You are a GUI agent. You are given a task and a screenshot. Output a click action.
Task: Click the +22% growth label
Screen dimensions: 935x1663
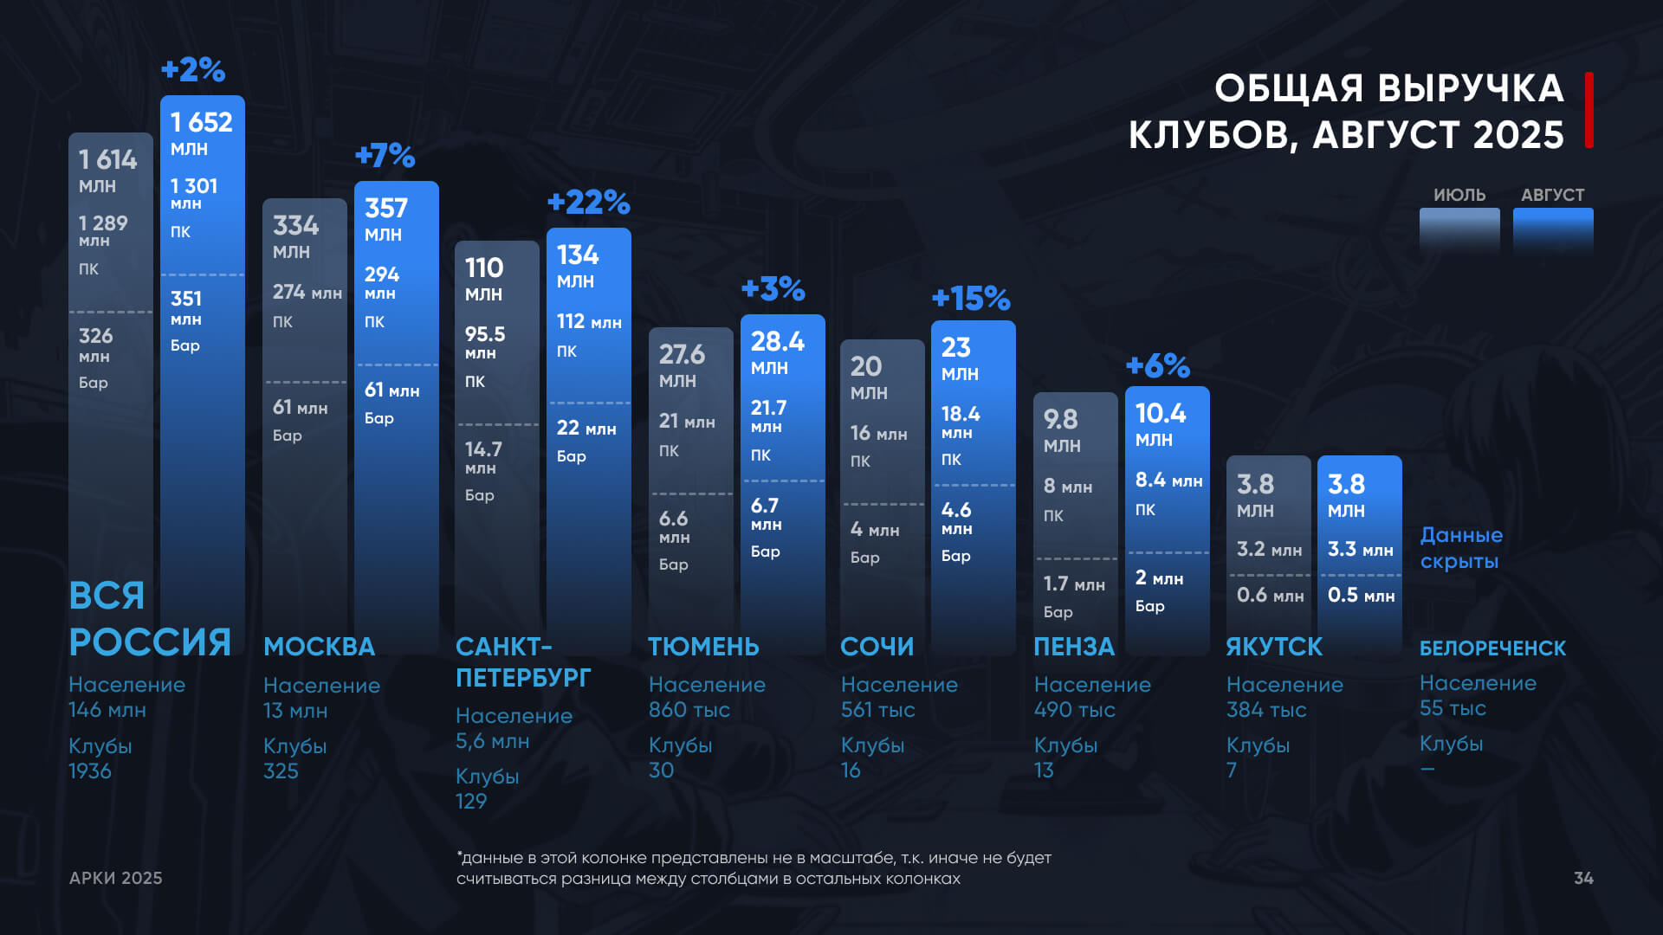point(589,203)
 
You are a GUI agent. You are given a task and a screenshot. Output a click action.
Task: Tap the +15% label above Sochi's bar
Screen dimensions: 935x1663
point(971,299)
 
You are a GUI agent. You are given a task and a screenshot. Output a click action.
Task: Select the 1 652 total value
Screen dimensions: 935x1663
point(202,122)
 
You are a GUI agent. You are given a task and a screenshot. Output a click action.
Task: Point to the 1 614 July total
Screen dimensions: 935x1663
point(108,159)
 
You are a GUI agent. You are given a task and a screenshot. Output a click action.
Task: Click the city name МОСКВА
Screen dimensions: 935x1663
point(320,647)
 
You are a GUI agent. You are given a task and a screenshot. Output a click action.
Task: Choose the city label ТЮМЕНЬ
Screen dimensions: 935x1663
point(703,647)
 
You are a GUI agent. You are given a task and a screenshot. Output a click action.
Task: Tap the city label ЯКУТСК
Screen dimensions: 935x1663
point(1274,647)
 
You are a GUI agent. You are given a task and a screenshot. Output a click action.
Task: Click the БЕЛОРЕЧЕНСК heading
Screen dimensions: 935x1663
point(1492,648)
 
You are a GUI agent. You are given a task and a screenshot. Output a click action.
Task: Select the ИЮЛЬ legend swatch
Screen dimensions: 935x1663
point(1459,229)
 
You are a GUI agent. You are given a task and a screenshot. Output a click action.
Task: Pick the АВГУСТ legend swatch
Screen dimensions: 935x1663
point(1553,229)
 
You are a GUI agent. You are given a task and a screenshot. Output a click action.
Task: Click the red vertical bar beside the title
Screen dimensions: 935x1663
point(1589,110)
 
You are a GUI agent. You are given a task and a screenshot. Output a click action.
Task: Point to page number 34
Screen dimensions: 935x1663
point(1583,878)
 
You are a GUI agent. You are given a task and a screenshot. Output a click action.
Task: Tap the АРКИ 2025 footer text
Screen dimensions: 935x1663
point(116,878)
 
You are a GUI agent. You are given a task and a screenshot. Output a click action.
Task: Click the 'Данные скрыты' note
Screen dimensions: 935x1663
point(1461,548)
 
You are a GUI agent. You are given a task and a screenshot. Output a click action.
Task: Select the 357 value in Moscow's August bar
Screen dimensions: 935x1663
point(386,209)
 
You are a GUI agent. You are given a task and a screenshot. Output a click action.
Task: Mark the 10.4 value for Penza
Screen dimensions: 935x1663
point(1161,414)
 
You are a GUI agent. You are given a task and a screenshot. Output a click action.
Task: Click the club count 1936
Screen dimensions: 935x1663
point(90,771)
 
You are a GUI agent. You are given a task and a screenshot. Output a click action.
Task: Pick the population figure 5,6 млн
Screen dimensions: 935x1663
point(492,741)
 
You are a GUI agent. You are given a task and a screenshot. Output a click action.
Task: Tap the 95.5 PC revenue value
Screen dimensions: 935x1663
point(485,334)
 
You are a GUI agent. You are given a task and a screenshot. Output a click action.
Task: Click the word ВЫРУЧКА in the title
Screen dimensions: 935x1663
point(1471,88)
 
